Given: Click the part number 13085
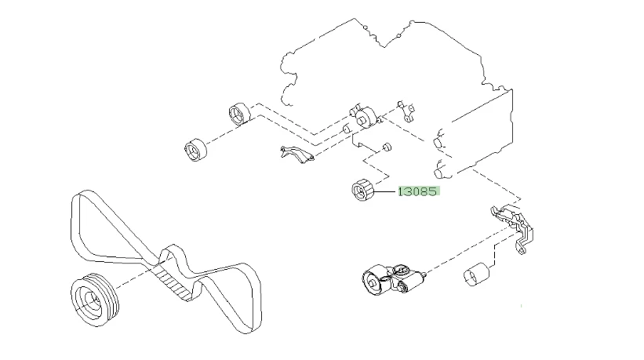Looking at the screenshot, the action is coord(419,191).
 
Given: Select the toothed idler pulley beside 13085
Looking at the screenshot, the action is coord(363,190).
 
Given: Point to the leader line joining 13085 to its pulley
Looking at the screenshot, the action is coord(385,191).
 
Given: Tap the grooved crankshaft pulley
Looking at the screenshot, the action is coord(94,300).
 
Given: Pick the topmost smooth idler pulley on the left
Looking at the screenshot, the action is coord(239,113).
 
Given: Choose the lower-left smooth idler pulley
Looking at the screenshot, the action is coord(195,150).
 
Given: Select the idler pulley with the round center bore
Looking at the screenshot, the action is coord(365,118).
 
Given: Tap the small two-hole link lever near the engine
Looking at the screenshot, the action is coord(405,111).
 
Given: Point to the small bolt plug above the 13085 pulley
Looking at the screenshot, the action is coord(386,147).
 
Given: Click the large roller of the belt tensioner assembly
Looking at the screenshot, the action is coord(374,280).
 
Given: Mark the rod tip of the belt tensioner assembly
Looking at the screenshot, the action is coord(424,274).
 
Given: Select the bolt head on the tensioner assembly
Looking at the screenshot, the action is coord(401,271).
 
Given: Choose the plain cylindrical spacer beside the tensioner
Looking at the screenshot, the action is coord(476,275).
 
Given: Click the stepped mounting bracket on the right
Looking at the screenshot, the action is coord(512,228).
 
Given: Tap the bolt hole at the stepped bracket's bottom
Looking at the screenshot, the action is coord(521,249).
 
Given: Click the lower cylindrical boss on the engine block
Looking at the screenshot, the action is coord(442,170).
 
